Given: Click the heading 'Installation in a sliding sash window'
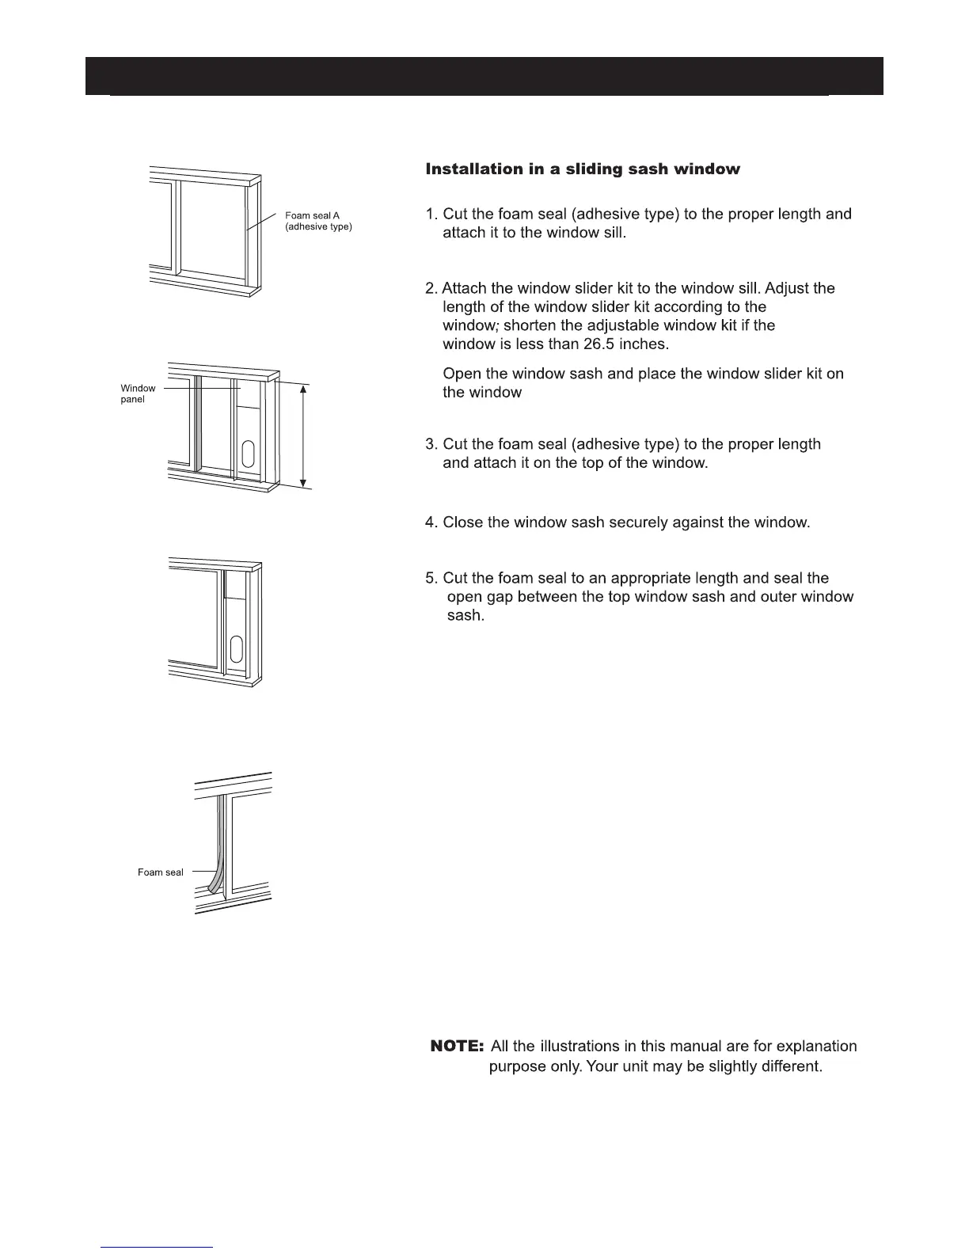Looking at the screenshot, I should point(583,169).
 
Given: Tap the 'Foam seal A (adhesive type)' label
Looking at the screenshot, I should point(318,221).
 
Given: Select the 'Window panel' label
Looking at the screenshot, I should point(138,393).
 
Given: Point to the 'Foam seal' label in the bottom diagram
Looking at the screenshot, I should point(161,872).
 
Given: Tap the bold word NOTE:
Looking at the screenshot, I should point(457,1047).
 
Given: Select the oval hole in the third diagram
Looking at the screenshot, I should point(236,649).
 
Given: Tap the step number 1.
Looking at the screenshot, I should point(430,215).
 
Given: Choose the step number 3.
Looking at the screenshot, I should point(430,444).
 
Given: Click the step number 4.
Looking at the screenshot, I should point(430,522).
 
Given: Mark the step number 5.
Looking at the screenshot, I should point(430,578).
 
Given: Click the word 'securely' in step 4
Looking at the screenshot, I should point(644,522).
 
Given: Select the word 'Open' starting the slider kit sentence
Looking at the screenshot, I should point(462,374).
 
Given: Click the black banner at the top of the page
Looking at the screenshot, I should point(484,76).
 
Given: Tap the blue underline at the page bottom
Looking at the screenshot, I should point(157,1247).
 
